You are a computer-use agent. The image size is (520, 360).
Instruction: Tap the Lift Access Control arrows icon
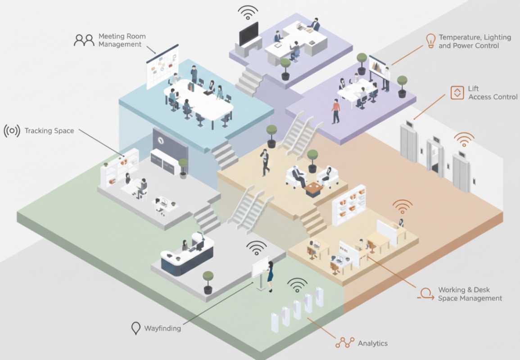tap(457, 93)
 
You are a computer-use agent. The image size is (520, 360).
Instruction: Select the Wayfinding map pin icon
tap(136, 328)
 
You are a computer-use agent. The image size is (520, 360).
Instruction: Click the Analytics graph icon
tap(345, 343)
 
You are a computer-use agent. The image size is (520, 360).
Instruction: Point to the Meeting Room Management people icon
tap(84, 40)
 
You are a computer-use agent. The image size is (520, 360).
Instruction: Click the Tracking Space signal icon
tap(12, 131)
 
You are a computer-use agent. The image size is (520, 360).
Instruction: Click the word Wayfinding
tap(163, 328)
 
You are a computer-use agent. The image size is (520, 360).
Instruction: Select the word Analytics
tap(373, 343)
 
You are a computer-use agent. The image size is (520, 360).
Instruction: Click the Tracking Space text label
tap(49, 131)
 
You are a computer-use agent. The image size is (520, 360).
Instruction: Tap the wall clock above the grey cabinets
tap(161, 140)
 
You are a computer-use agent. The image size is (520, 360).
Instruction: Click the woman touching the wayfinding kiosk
tap(271, 276)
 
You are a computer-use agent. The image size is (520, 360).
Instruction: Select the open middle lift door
tap(435, 157)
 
